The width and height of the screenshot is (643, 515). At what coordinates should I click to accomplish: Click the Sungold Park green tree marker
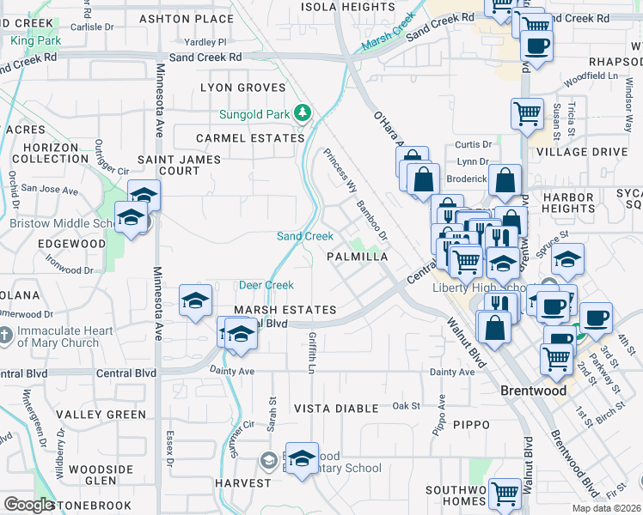pos(303,112)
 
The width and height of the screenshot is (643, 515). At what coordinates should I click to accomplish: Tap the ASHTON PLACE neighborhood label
pos(187,18)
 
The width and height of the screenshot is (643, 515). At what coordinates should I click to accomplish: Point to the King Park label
pos(36,39)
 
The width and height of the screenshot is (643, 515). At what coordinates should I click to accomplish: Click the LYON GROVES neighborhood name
pos(242,88)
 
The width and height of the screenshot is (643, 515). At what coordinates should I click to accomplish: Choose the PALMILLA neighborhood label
pos(358,257)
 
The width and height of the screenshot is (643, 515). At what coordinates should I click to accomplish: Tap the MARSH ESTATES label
pos(285,309)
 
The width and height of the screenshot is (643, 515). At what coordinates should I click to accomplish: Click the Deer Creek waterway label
pos(266,285)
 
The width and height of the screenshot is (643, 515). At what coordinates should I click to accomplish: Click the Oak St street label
pos(406,405)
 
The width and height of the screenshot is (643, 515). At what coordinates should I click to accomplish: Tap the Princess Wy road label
pos(340,170)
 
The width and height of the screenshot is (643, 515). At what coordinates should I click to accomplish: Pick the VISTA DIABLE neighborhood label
pos(334,408)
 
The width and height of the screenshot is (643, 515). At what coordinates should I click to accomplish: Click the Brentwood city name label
pos(533,391)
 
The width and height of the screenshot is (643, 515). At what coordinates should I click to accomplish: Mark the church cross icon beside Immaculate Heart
pos(5,336)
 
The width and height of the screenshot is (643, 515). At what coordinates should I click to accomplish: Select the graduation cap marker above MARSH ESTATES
pos(195,300)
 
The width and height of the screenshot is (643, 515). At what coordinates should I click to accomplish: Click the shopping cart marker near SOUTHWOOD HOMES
pos(505,494)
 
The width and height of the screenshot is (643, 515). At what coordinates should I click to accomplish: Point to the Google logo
pos(29,505)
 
